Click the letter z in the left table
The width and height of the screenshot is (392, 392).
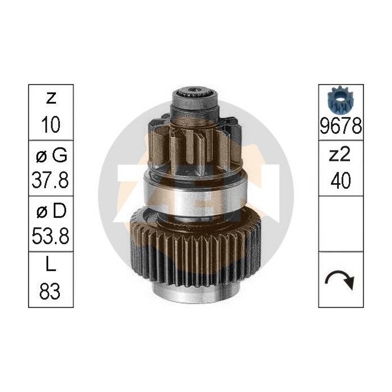click(x=51, y=100)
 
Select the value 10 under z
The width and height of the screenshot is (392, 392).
click(x=51, y=124)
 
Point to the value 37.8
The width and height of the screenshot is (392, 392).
click(x=51, y=180)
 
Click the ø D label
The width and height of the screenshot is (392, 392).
click(x=51, y=211)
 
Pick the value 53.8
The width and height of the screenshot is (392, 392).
click(x=51, y=236)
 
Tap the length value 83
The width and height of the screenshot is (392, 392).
click(x=51, y=292)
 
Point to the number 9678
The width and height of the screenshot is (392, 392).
click(x=340, y=127)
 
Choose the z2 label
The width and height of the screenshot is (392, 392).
click(x=340, y=156)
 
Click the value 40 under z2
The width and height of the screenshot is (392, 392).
click(x=340, y=180)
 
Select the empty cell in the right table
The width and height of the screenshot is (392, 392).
click(x=340, y=223)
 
